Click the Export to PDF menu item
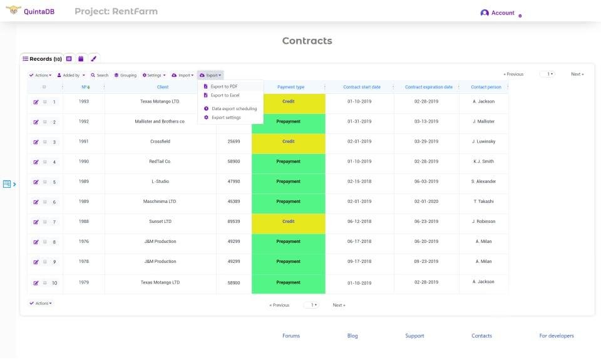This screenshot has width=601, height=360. click(223, 86)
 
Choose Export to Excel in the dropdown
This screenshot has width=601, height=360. click(225, 95)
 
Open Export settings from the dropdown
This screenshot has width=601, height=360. click(225, 117)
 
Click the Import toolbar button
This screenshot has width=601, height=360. click(183, 75)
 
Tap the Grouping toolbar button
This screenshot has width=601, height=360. click(125, 75)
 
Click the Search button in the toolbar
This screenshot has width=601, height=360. click(100, 75)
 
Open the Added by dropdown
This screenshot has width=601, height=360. click(71, 75)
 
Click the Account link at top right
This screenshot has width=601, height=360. click(502, 13)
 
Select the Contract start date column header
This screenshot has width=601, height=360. click(362, 87)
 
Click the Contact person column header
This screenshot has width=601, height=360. click(486, 87)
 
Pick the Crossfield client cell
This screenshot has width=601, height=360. click(160, 141)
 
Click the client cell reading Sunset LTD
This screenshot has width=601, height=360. click(160, 222)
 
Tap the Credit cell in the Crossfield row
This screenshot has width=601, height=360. click(289, 141)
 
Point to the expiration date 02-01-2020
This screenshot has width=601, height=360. click(426, 202)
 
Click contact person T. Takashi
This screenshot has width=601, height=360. click(483, 202)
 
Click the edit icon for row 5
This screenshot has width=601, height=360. click(36, 182)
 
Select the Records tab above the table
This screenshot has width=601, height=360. click(42, 59)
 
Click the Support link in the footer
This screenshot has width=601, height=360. click(414, 336)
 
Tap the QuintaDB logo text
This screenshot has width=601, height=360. click(39, 11)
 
